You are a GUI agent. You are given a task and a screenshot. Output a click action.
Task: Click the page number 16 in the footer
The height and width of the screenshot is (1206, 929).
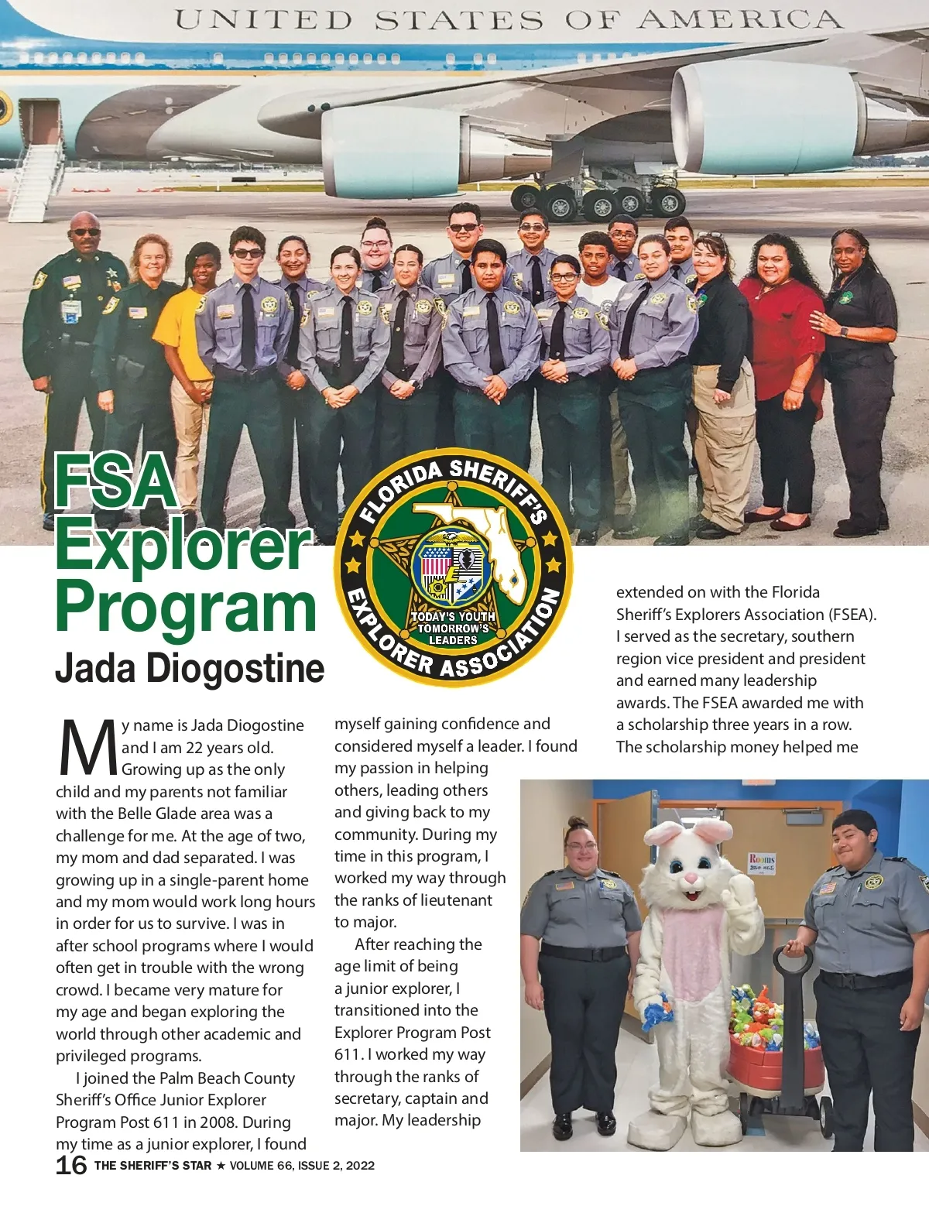(x=71, y=1165)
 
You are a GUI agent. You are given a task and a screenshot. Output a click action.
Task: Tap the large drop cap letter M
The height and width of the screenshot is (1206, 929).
(x=88, y=749)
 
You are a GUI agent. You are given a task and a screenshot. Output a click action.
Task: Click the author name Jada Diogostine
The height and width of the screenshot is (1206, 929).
(x=190, y=669)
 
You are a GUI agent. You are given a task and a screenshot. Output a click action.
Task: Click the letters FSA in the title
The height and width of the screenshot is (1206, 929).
(x=116, y=483)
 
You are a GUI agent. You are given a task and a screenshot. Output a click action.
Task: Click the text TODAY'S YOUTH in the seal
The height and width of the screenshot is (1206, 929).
(x=453, y=617)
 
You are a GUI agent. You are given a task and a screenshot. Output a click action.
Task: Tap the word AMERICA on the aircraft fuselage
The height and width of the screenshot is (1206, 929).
(x=739, y=19)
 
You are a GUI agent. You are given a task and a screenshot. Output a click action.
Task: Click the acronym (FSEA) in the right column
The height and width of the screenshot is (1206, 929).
(x=852, y=615)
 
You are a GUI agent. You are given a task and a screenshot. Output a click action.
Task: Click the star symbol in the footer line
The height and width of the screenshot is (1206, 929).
(x=221, y=1166)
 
